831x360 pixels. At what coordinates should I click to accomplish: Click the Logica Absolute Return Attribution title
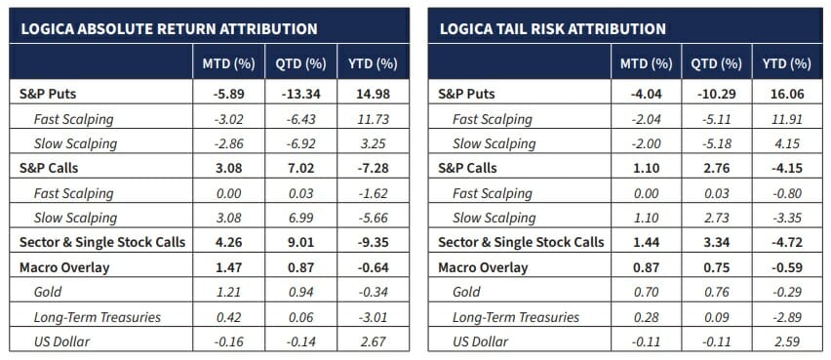tap(169, 28)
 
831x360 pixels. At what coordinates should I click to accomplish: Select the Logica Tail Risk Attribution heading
tap(553, 28)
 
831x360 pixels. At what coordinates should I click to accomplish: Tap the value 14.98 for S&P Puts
tap(373, 94)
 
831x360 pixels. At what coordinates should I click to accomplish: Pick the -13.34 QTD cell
tap(300, 94)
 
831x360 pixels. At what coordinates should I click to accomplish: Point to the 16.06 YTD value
tap(786, 94)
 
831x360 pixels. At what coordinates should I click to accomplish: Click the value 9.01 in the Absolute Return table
tap(300, 242)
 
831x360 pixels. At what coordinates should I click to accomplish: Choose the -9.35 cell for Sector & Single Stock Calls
tap(373, 242)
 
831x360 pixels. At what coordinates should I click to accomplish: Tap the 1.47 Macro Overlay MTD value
tap(229, 267)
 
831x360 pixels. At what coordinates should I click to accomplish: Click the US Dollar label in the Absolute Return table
tap(61, 341)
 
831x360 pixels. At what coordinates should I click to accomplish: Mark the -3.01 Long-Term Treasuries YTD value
tap(373, 317)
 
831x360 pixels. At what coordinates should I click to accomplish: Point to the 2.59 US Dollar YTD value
tap(786, 341)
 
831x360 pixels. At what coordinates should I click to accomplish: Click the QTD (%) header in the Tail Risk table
tap(716, 64)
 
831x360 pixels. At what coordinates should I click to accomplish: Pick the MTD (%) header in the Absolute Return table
tap(229, 64)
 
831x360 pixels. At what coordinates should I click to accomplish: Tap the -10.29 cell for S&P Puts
tap(716, 94)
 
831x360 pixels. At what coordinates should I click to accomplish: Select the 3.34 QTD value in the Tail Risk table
tap(716, 242)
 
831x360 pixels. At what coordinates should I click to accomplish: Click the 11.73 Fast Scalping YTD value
tap(373, 119)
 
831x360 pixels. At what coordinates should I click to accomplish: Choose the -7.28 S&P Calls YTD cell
tap(373, 168)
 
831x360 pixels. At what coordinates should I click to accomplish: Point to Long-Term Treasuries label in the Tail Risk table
tap(516, 317)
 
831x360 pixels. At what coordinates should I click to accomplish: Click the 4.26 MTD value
tap(229, 242)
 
